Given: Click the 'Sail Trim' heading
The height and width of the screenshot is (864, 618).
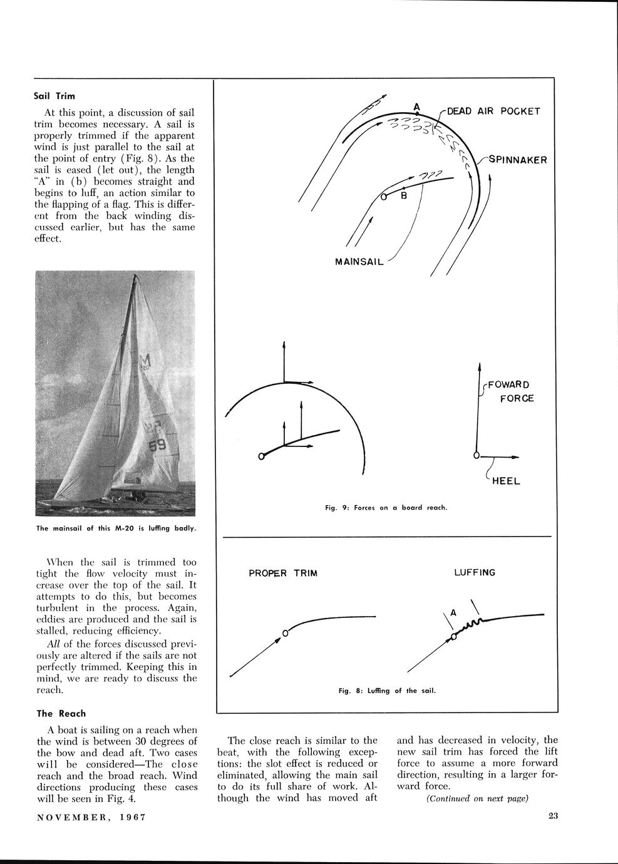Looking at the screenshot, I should click(55, 96).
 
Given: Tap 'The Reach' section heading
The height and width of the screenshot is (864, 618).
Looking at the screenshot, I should click(61, 713).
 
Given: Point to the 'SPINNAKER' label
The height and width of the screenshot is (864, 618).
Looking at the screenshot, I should click(518, 160).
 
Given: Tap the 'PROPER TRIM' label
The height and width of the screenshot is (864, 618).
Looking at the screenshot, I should click(283, 573).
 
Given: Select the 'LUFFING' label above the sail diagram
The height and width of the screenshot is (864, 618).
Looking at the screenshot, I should click(474, 573).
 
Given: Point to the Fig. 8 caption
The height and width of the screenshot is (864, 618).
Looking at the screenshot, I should click(386, 691).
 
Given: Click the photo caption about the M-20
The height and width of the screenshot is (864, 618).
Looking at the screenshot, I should click(116, 528).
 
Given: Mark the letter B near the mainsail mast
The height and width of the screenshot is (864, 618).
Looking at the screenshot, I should click(404, 196).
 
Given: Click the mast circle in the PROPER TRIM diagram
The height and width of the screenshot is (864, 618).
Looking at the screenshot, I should click(285, 633).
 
